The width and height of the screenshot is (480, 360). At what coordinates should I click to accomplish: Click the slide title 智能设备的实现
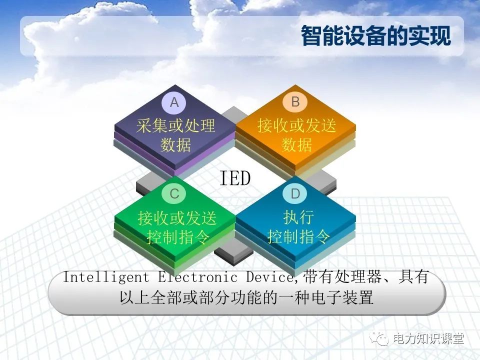click(x=375, y=36)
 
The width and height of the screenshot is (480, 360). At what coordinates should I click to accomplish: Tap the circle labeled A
click(x=174, y=102)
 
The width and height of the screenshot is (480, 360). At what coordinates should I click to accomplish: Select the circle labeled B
click(x=295, y=102)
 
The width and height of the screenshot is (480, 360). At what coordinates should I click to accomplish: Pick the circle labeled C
click(x=174, y=194)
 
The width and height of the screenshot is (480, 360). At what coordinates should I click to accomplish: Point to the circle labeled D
click(x=295, y=194)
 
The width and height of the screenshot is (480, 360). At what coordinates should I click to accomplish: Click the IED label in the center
click(x=235, y=178)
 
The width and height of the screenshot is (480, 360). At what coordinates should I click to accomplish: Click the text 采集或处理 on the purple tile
click(x=175, y=125)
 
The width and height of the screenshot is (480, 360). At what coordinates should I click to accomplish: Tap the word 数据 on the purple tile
click(x=175, y=145)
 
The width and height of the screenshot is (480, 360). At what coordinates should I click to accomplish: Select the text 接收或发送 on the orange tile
click(x=296, y=125)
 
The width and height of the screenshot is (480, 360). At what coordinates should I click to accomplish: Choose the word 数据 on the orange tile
click(x=296, y=145)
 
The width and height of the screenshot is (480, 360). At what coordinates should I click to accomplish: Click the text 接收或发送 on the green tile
click(x=177, y=218)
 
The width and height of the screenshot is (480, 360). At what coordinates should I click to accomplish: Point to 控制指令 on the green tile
click(x=177, y=237)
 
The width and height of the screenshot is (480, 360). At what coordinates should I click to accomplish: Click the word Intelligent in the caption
click(x=106, y=277)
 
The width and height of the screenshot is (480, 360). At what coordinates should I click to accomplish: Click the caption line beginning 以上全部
click(x=246, y=298)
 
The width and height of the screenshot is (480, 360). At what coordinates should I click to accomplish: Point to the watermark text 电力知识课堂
click(x=428, y=339)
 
